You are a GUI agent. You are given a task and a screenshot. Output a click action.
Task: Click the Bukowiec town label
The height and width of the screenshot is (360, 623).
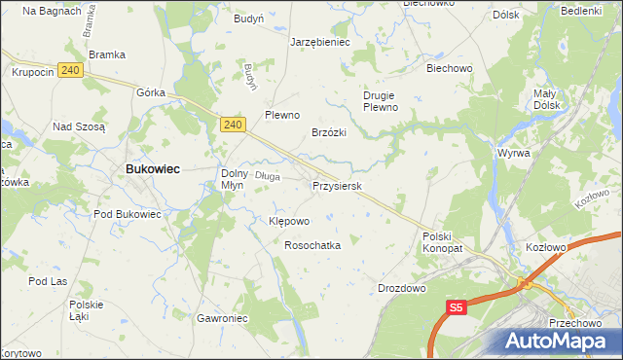click(151, 168)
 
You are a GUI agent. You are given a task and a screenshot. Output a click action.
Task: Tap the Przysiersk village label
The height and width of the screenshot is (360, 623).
click(337, 185)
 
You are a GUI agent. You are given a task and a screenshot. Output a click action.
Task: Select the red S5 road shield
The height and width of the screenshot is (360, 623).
click(458, 307)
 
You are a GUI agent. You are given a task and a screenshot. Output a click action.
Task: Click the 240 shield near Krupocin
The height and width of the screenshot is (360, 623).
click(68, 70)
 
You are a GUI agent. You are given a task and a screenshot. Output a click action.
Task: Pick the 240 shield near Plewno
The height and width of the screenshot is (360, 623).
click(231, 125)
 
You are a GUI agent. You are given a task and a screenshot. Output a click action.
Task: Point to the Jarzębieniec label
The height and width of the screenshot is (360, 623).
click(320, 43)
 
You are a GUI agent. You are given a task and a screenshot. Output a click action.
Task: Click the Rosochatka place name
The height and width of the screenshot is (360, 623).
click(311, 246)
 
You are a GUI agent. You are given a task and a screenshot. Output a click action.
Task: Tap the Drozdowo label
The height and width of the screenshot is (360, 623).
click(402, 289)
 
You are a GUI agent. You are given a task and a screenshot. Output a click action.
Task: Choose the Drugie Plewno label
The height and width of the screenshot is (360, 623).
click(381, 101)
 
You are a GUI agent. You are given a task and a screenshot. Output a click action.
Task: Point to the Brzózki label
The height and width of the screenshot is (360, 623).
click(329, 132)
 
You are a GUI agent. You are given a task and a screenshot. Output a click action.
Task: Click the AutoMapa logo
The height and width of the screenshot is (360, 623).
click(560, 341)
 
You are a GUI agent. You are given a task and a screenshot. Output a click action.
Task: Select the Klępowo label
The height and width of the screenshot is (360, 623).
click(288, 221)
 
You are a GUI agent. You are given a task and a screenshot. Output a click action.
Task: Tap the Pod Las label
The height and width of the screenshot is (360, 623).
click(46, 281)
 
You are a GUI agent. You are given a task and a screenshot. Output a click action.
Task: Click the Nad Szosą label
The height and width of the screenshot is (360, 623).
click(78, 126)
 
